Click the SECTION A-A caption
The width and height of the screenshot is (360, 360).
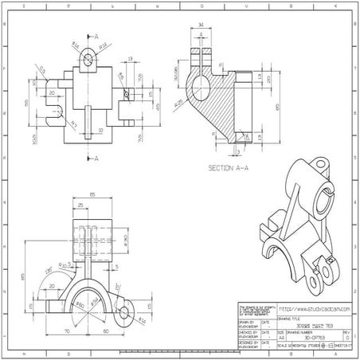(231, 168)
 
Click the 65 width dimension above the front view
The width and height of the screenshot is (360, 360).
(92, 194)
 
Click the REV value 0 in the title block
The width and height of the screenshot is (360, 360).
(346, 338)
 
